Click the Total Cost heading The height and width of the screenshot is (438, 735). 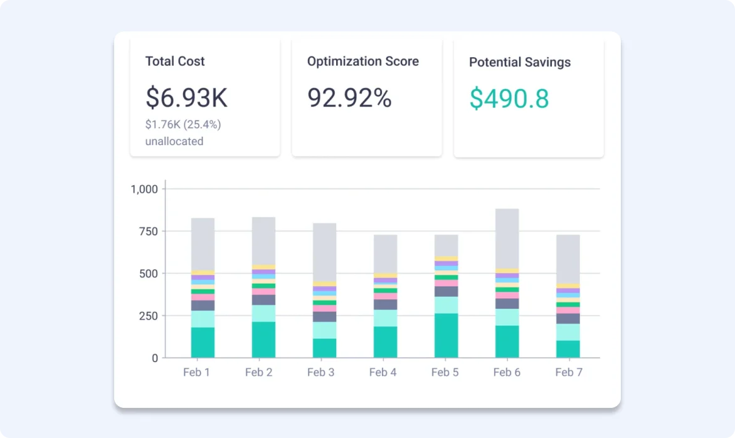click(175, 61)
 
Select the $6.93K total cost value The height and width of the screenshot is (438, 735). click(186, 98)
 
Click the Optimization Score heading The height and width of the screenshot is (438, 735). click(362, 61)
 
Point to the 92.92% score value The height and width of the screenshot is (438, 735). click(349, 98)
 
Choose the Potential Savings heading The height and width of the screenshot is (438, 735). click(519, 62)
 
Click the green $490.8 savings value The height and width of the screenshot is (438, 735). click(509, 99)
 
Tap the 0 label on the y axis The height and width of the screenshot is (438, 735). click(154, 358)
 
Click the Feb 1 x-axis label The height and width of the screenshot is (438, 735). click(196, 373)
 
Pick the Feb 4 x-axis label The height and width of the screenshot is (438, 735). click(383, 373)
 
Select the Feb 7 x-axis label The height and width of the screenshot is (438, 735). click(569, 373)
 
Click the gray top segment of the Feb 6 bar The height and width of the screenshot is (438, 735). click(507, 238)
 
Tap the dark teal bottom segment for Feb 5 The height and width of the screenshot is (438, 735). click(446, 336)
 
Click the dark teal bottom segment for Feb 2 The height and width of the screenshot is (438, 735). click(263, 339)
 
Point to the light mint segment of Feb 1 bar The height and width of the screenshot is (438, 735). click(203, 319)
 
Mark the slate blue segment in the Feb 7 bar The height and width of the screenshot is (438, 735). click(568, 318)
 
